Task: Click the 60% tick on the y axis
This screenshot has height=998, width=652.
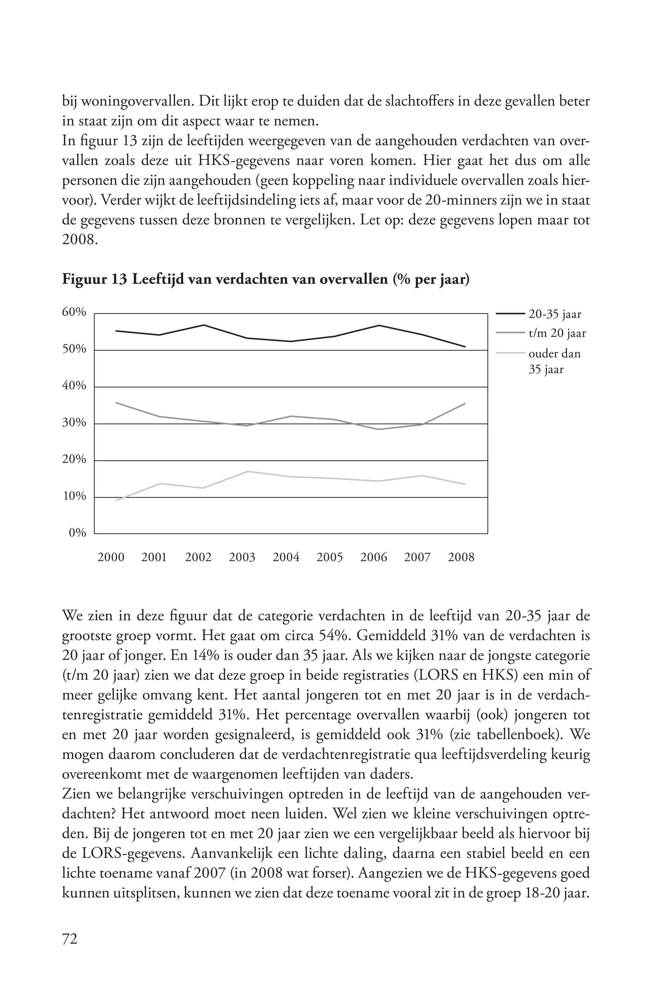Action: [74, 312]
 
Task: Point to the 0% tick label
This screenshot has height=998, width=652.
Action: [77, 533]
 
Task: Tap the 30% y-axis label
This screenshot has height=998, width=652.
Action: [74, 423]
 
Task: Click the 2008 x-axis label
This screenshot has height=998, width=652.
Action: [461, 557]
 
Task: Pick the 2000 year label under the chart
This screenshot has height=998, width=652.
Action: [111, 557]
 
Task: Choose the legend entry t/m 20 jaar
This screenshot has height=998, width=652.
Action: [557, 334]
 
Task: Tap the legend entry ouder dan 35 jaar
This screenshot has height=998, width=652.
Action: [554, 361]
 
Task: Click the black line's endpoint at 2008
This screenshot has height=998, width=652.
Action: [465, 346]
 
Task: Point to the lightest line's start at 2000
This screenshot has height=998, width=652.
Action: [116, 500]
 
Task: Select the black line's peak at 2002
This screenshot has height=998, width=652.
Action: [203, 325]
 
